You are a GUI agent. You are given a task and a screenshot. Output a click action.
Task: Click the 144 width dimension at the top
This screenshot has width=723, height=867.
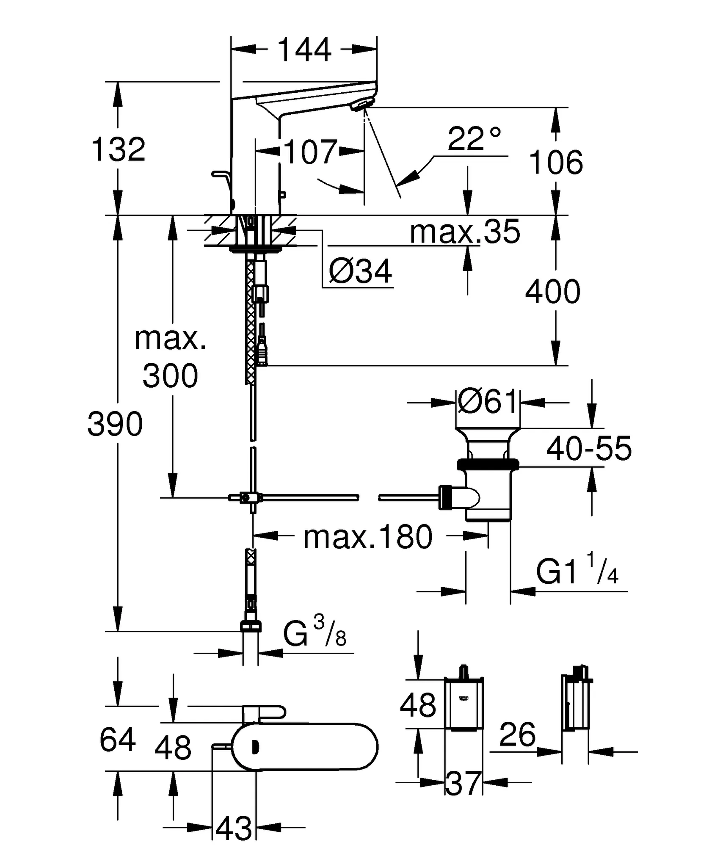click(304, 50)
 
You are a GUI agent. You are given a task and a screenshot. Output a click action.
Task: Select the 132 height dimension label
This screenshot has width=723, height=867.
click(118, 149)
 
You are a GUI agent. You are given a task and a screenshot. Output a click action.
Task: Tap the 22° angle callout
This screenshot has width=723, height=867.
click(474, 138)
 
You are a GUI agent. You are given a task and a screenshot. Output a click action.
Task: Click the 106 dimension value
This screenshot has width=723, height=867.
click(556, 162)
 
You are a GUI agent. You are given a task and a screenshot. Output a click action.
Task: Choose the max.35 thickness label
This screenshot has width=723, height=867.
click(464, 232)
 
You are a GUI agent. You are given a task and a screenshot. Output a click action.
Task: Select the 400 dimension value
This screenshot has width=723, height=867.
click(552, 292)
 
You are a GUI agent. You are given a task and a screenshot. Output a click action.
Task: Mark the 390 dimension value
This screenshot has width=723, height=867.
click(115, 424)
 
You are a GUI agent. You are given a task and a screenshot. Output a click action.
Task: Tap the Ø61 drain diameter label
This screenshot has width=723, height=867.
click(488, 401)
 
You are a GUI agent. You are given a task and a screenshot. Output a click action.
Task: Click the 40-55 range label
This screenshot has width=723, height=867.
click(589, 448)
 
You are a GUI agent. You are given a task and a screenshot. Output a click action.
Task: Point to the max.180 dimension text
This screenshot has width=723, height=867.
click(368, 537)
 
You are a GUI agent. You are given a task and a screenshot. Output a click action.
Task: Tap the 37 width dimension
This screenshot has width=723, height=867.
click(464, 783)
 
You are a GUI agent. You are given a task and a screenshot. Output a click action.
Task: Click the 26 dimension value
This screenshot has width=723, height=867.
click(517, 735)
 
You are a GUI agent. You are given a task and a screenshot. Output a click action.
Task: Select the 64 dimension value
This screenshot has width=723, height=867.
click(118, 739)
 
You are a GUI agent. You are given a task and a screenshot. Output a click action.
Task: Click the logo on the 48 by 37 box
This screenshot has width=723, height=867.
click(464, 699)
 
